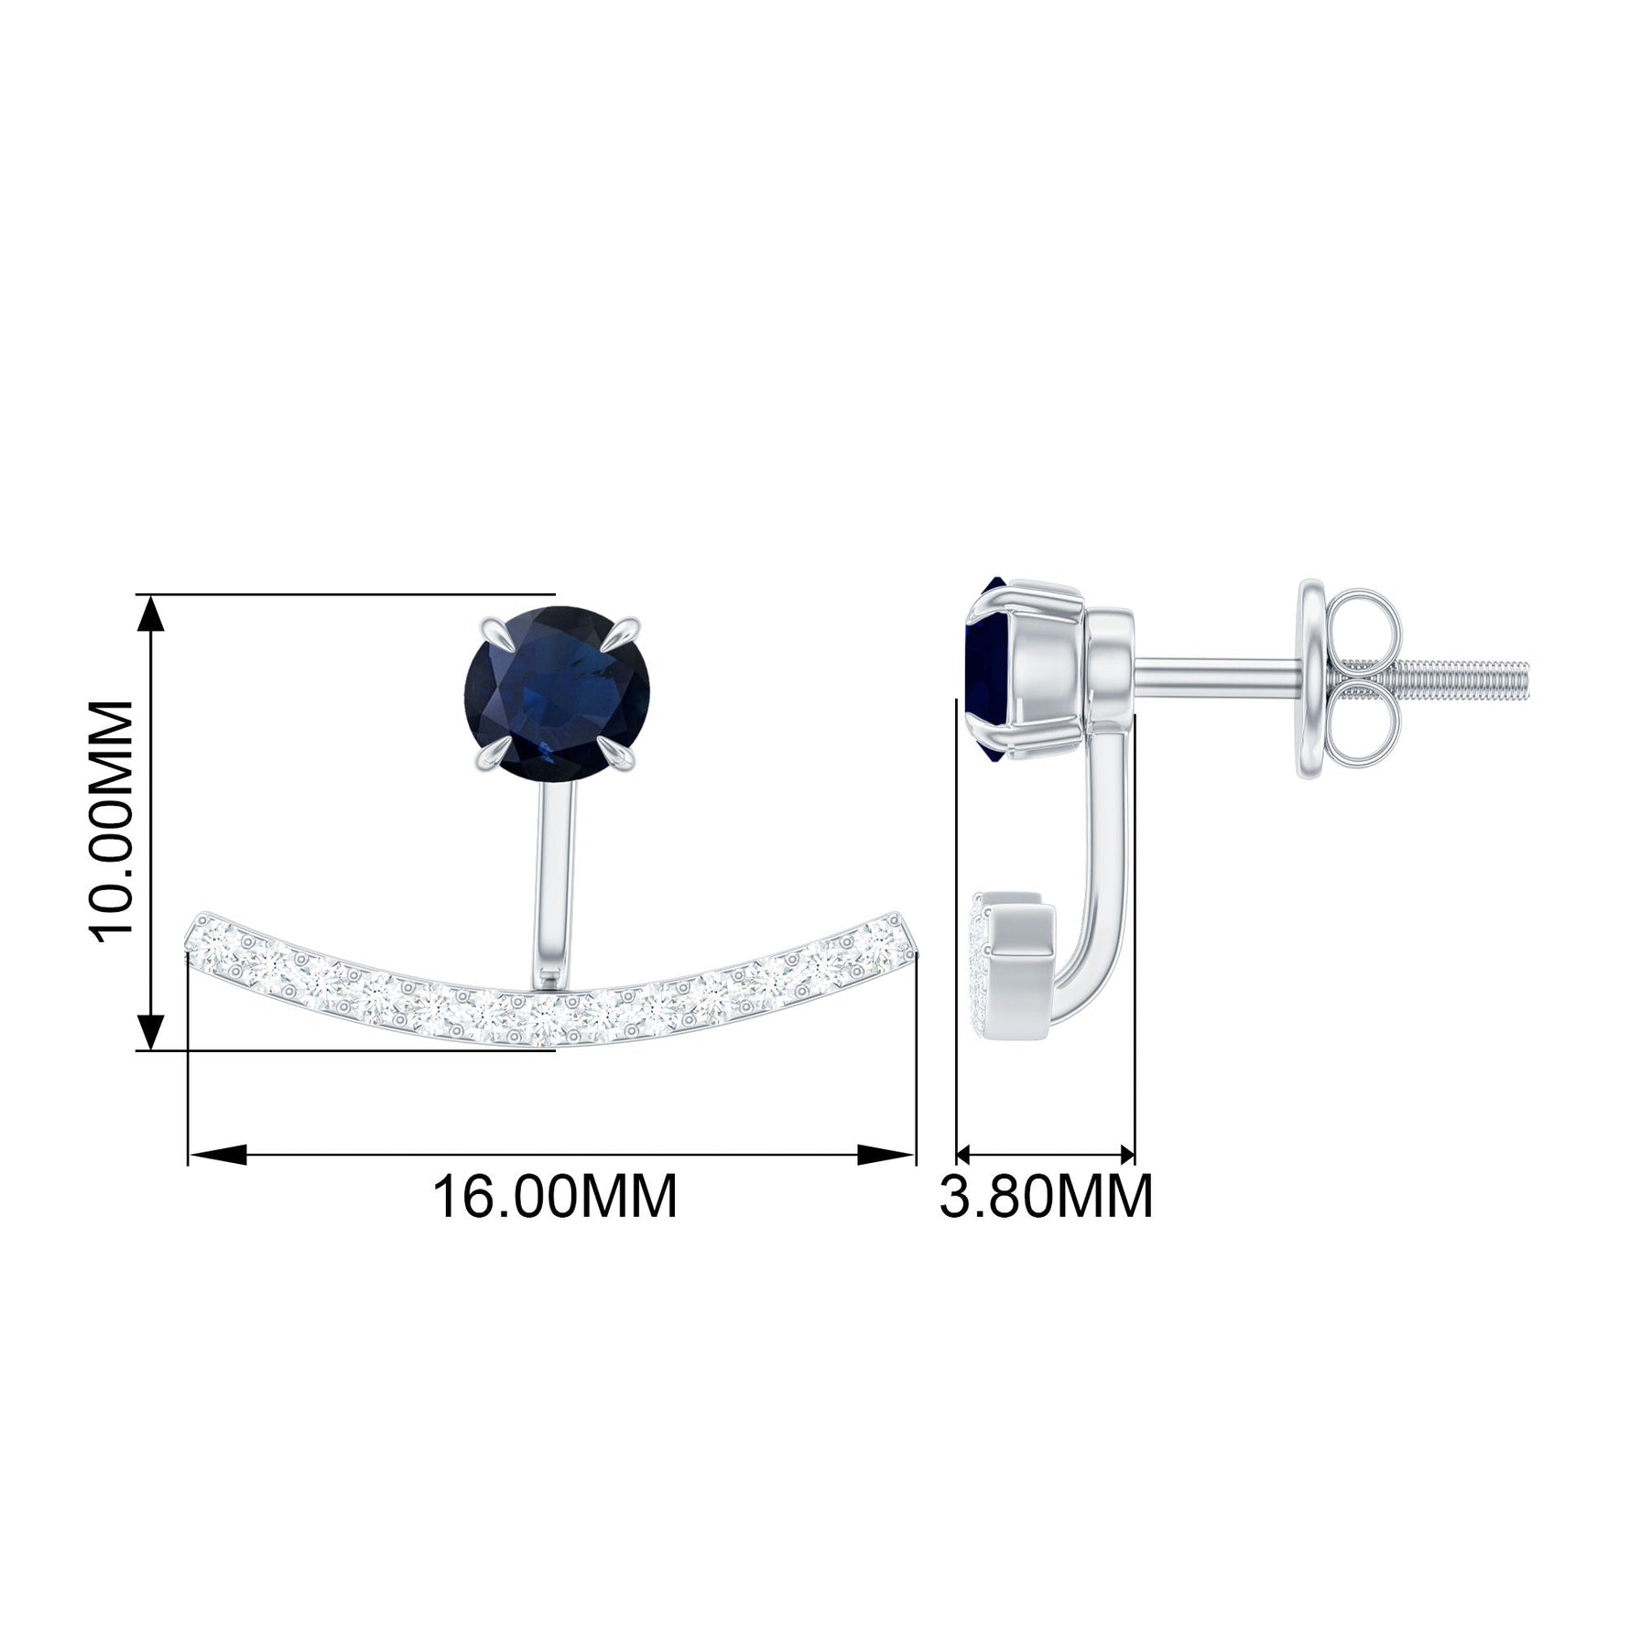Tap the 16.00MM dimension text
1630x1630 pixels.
(555, 1196)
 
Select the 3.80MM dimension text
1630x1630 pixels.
(1046, 1196)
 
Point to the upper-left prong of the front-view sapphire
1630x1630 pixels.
(493, 629)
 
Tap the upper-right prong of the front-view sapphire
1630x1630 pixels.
(625, 631)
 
